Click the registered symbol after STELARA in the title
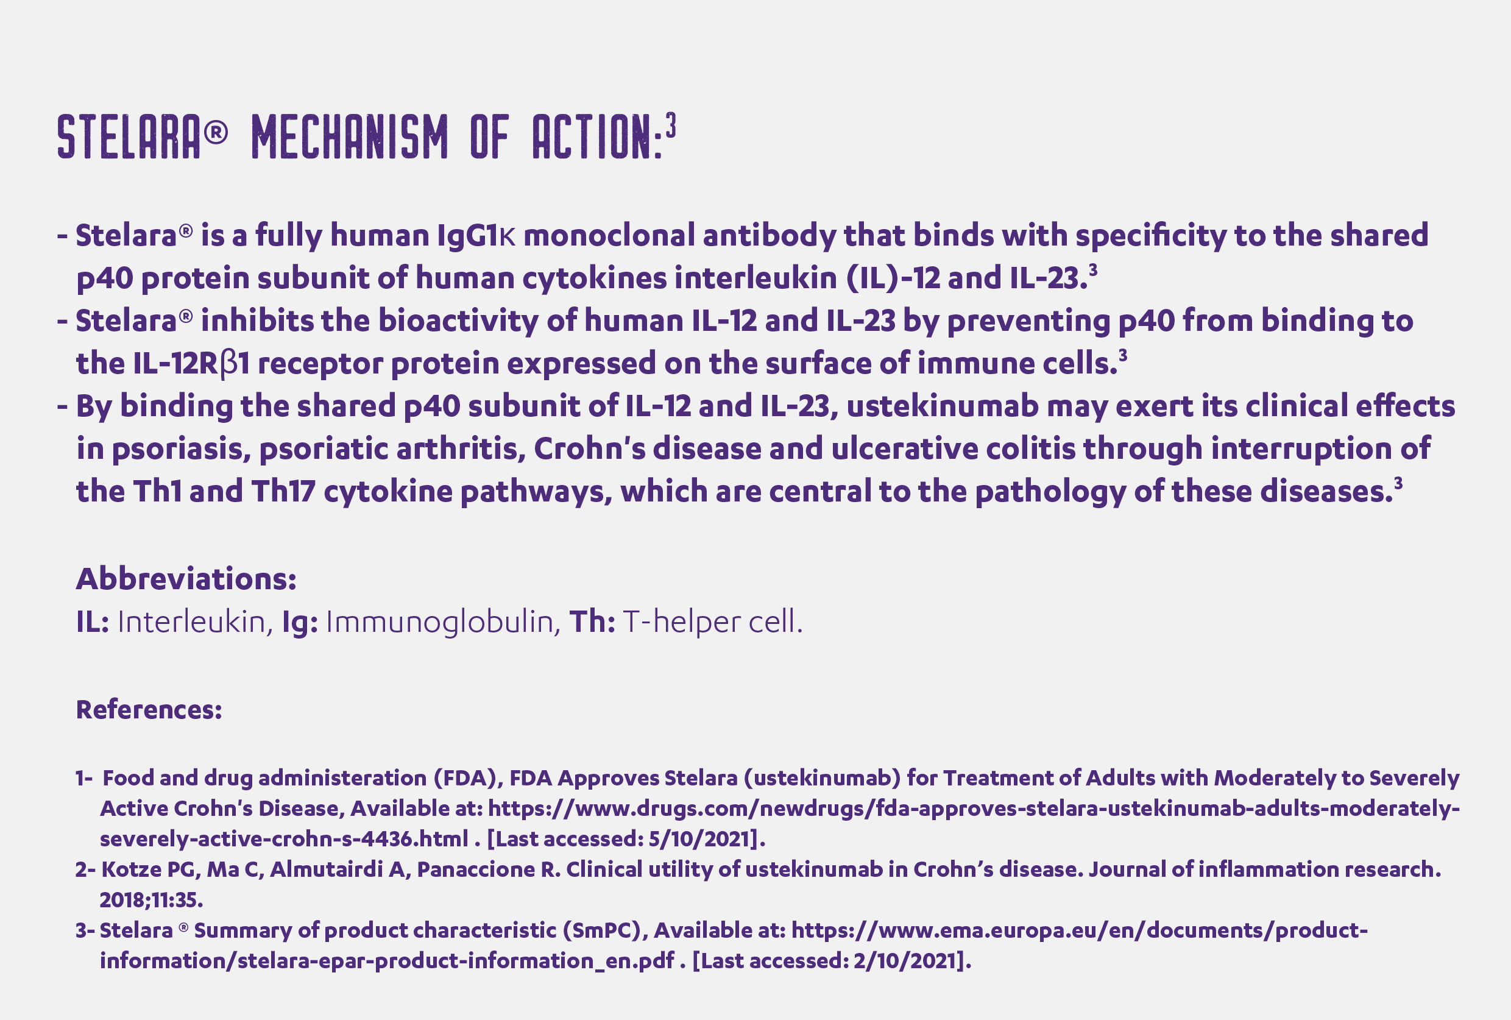point(216,133)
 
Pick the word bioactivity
point(458,321)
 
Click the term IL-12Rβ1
point(191,363)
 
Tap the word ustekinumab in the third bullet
point(942,406)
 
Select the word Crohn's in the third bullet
point(590,448)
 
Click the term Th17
point(283,492)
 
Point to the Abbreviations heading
point(186,578)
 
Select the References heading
point(149,709)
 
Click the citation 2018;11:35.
point(152,900)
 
